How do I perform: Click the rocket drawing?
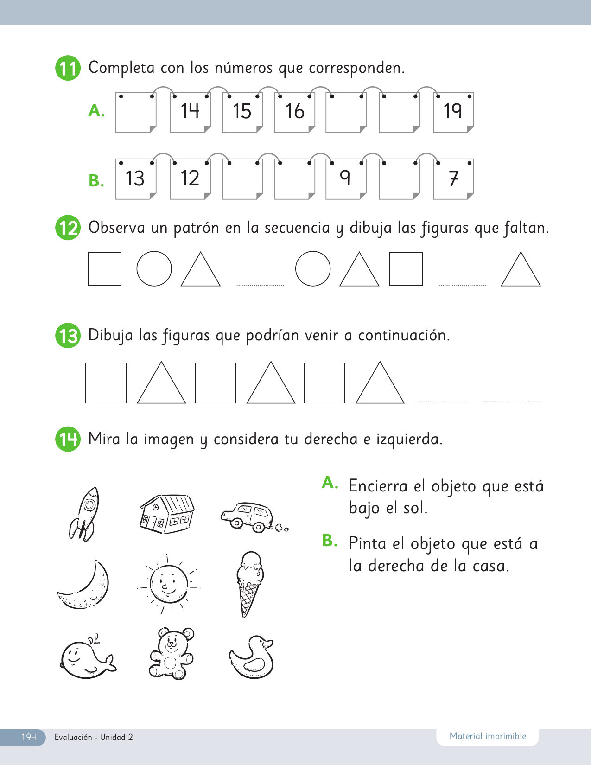(84, 514)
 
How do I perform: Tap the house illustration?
(167, 514)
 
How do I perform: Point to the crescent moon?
(84, 585)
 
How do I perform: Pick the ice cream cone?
(250, 584)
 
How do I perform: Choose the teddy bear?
(172, 653)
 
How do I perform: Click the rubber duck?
(251, 657)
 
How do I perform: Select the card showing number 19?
(453, 112)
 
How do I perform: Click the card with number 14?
(191, 112)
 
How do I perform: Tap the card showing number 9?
(346, 179)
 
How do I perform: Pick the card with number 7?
(453, 179)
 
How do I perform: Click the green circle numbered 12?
(68, 228)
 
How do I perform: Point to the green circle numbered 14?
(68, 439)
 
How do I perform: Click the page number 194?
(29, 737)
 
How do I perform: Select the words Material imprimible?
(488, 736)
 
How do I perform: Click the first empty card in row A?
(136, 112)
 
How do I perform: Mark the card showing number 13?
(136, 179)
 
